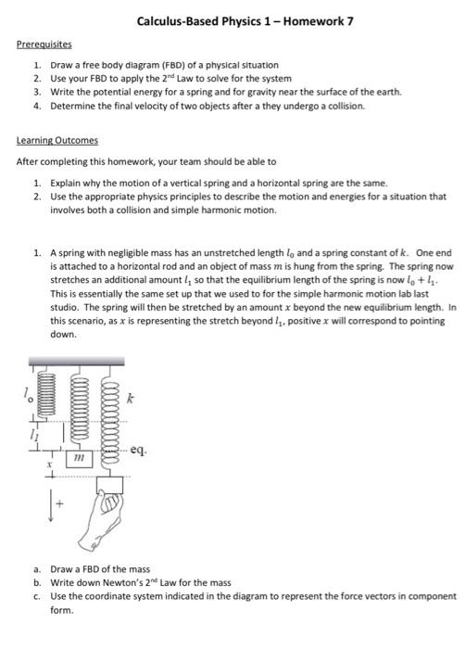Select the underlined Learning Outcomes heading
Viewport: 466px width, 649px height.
56,143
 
